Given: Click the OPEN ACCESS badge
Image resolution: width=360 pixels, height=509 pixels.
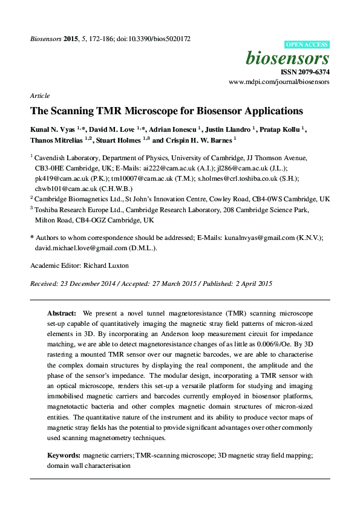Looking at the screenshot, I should (x=307, y=45).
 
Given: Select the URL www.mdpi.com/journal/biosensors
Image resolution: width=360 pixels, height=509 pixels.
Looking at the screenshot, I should (x=279, y=82).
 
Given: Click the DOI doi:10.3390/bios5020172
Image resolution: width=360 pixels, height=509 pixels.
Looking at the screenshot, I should (x=155, y=39).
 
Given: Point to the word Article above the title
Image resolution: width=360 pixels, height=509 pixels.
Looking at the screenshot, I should (x=39, y=96).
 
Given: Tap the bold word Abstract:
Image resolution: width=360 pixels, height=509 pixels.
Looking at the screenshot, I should (x=62, y=314).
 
